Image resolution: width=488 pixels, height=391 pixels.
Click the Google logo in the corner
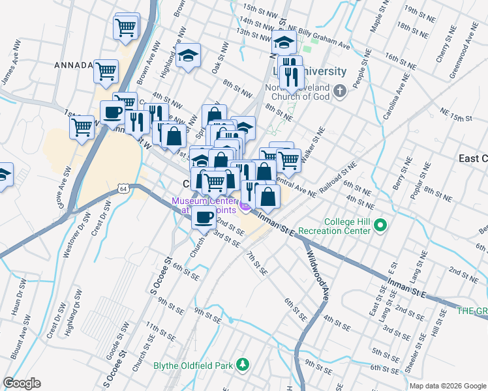[22, 383]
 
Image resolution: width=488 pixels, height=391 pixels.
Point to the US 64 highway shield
[122, 188]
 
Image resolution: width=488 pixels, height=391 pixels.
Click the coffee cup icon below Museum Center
[204, 217]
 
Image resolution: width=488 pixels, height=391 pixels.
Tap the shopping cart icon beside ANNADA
[106, 71]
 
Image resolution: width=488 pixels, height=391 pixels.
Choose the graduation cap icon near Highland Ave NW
[188, 57]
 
